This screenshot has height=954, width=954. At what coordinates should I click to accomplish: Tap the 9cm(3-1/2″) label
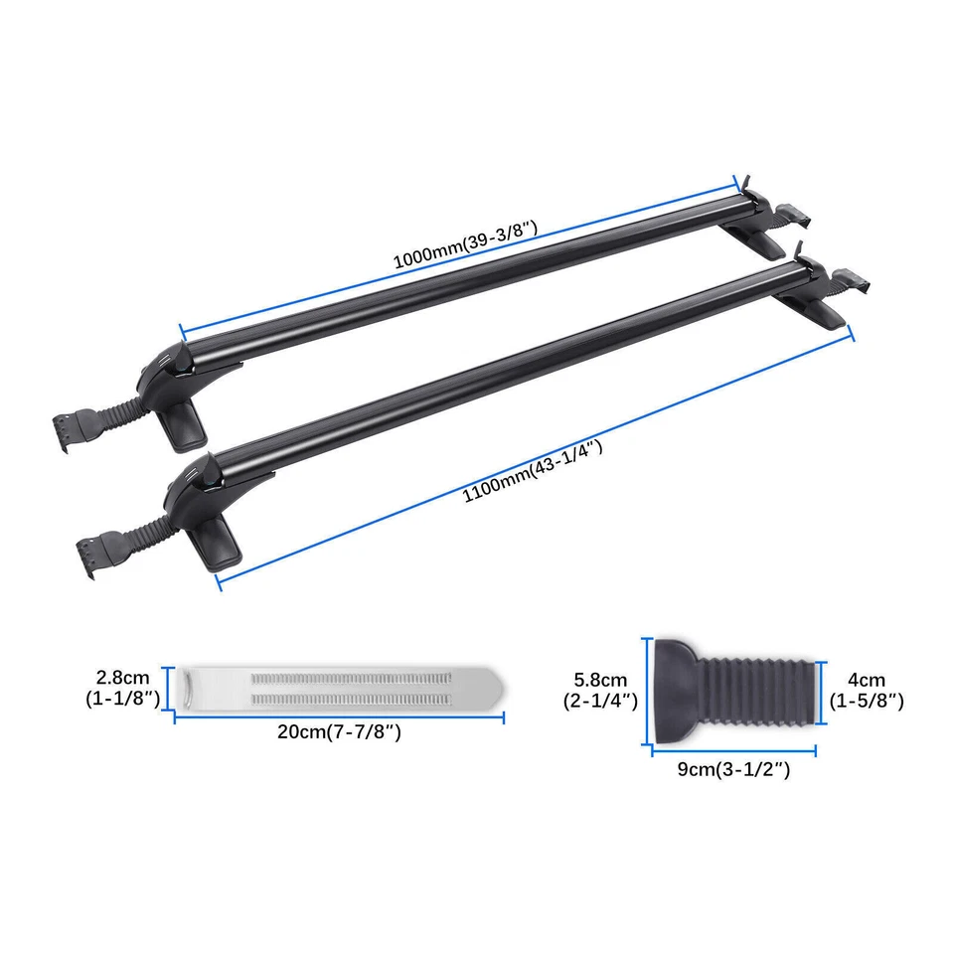click(734, 768)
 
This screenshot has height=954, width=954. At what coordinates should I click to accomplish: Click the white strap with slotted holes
click(338, 687)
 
